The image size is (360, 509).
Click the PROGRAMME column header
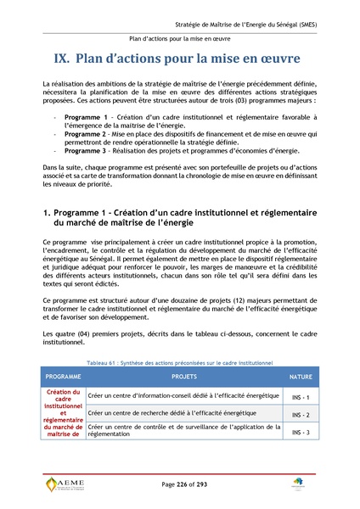point(63,375)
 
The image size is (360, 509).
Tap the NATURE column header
point(300,375)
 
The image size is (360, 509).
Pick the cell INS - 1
point(300,397)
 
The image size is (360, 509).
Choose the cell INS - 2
point(300,415)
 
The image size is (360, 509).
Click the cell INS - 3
point(300,433)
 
